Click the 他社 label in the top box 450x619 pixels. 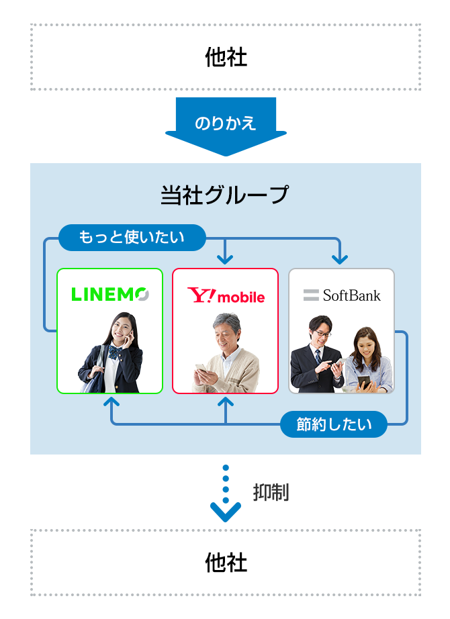click(x=226, y=58)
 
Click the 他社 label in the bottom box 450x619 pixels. click(x=226, y=563)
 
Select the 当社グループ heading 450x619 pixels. click(x=225, y=195)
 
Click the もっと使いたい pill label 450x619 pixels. click(x=132, y=237)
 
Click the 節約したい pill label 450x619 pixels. click(x=334, y=424)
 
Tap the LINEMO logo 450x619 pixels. click(x=110, y=294)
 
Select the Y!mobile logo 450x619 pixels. click(x=226, y=295)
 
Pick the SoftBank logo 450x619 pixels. click(x=342, y=295)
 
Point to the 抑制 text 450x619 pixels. click(x=271, y=493)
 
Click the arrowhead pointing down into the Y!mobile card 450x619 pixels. click(x=226, y=258)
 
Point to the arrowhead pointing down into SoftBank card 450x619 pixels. click(x=341, y=258)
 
